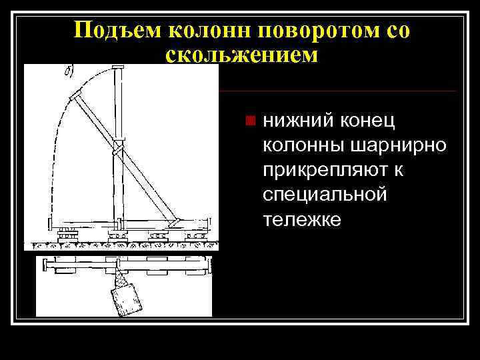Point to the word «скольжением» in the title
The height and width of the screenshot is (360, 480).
tap(241, 56)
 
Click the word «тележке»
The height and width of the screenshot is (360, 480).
tap(302, 219)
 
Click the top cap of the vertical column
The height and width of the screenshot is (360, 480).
tap(119, 69)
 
